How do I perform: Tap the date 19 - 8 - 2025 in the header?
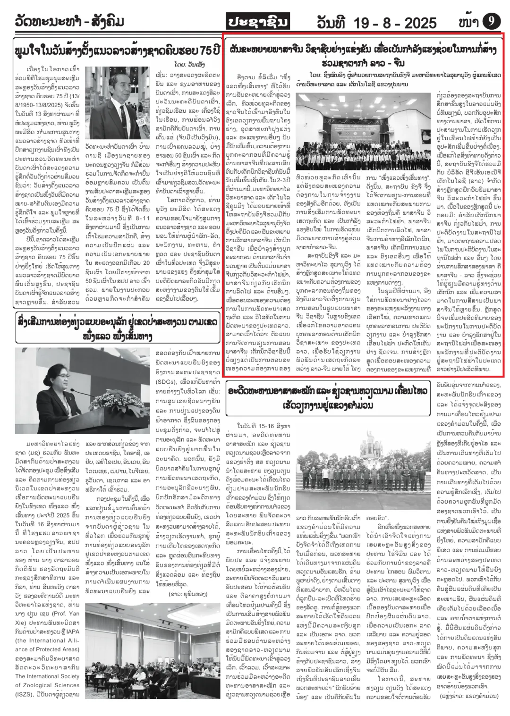[376, 22]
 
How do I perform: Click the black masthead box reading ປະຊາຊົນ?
[257, 21]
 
